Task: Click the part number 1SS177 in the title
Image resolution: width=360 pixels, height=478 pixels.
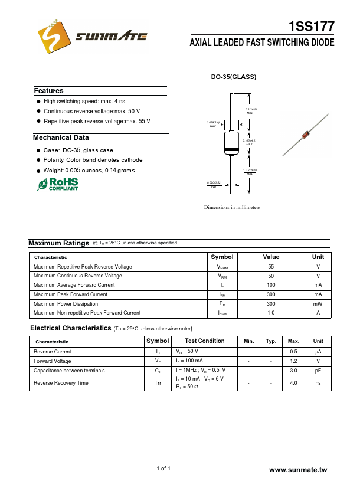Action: pos(312,27)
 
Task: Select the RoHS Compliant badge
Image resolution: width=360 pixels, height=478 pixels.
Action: pos(58,184)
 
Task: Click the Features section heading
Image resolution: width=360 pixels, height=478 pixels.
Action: pos(48,91)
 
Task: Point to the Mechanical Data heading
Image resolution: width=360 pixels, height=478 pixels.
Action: pos(61,137)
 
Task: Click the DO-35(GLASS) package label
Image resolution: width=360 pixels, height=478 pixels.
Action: pos(234,77)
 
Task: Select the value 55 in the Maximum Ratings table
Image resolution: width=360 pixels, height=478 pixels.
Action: pos(271,267)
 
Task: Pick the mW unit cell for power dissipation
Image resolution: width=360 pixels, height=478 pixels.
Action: pos(318,303)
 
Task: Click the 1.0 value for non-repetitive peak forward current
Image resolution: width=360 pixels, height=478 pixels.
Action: pos(271,313)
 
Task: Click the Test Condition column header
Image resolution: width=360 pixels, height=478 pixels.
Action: pos(204,341)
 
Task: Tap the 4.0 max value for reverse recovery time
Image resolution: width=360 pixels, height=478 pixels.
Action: pos(293,383)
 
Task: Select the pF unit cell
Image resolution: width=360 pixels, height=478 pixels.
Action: pos(318,371)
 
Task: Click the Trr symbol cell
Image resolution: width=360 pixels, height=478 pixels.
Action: pos(158,383)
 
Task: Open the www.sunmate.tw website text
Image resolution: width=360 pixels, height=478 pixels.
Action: pos(297,470)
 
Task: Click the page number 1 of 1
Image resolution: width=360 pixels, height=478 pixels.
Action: pos(163,469)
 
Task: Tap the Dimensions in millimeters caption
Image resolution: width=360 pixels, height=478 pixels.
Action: pos(232,208)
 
